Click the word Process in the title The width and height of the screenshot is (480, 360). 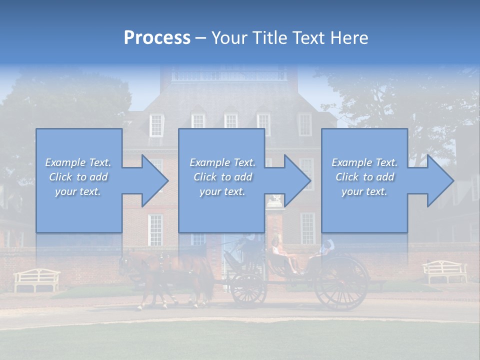157,37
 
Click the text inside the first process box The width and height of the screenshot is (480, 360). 78,177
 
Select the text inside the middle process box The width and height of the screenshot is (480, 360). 222,177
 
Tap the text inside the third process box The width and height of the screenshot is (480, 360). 364,177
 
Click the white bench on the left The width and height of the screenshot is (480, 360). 36,279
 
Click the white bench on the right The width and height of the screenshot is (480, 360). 444,271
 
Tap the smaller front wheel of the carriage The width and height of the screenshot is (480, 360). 248,289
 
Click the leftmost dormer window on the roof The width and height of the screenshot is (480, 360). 157,124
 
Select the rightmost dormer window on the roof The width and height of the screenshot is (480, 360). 304,124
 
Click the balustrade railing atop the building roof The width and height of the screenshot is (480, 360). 229,76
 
